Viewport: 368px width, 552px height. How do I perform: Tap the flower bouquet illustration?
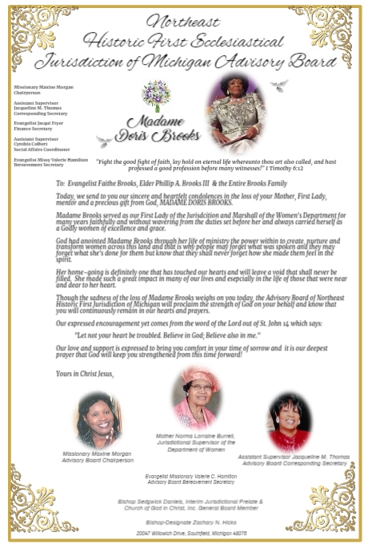(x=155, y=94)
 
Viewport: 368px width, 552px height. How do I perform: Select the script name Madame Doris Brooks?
(x=157, y=130)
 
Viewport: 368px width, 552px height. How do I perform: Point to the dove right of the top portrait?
(x=278, y=85)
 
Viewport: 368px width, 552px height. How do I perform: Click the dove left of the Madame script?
(x=104, y=142)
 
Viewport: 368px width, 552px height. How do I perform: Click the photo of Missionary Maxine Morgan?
(x=99, y=420)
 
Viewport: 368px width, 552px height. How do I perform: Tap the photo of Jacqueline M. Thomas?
(x=289, y=422)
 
